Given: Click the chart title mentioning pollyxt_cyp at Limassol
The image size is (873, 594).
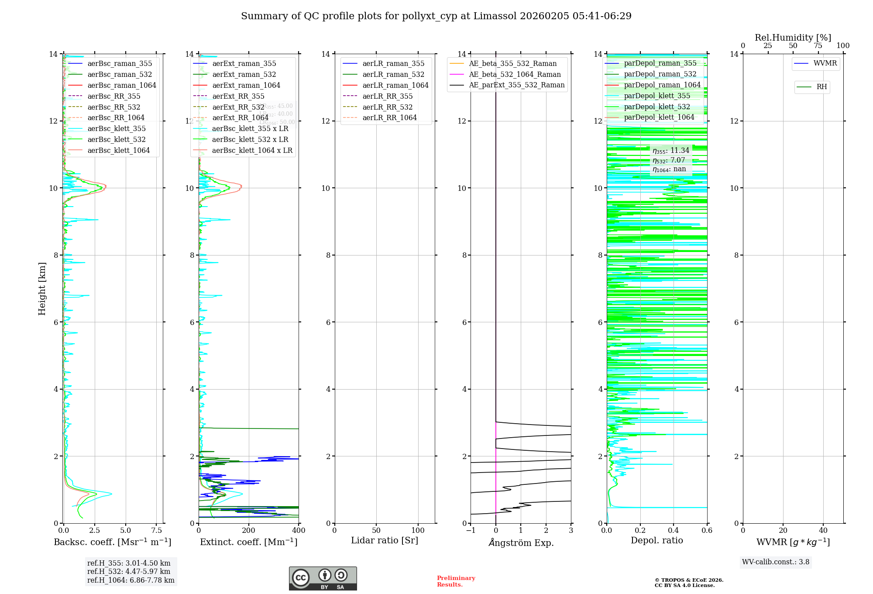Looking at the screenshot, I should coord(436,16).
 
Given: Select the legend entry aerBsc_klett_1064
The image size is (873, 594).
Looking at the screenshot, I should coord(118,150).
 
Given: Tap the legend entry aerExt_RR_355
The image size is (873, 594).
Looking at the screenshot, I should coord(238,96).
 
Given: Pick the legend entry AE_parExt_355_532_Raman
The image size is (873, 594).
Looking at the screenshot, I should coord(516,85).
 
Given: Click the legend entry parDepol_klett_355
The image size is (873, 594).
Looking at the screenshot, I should coord(657,96).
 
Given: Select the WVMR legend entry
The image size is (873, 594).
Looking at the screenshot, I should coord(825,63).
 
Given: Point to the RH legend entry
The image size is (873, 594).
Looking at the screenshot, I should coord(821,87).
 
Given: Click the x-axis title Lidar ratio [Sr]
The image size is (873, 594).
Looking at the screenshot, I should coord(385,540).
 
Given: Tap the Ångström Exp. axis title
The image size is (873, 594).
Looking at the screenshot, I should coord(521,542).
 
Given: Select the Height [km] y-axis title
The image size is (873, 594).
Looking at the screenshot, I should coord(42,289).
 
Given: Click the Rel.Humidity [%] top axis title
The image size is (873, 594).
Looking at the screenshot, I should coord(793,38).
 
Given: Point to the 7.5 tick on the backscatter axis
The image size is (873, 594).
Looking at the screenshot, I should coord(156,531).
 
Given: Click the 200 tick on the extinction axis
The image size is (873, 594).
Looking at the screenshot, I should coord(249,531).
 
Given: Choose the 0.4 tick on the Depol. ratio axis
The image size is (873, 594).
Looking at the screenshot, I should coord(674,531).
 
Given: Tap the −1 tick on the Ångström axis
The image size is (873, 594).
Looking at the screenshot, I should coord(471,531).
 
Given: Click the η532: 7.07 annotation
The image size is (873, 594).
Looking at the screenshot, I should coord(669,160).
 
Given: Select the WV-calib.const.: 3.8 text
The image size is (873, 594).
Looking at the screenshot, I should coord(776,562).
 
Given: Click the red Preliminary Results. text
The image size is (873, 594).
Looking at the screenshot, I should coord(456,581).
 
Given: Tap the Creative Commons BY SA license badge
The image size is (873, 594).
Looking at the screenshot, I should coord(323,579).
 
